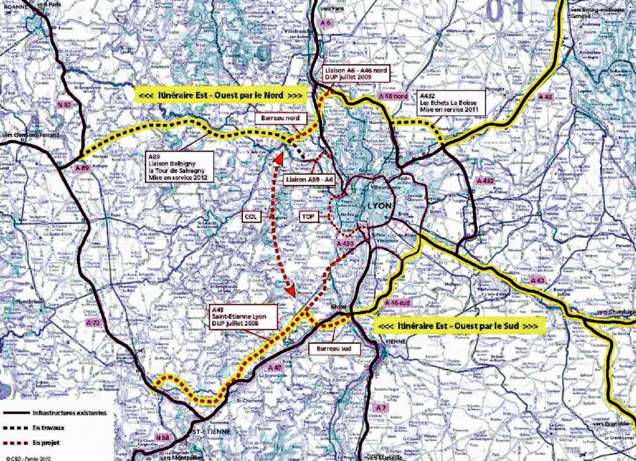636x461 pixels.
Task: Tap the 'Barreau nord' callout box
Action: [x=282, y=119]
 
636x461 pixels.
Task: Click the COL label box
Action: [x=250, y=216]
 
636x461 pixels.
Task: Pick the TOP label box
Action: [x=307, y=216]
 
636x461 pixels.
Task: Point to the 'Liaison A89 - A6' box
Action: [x=309, y=179]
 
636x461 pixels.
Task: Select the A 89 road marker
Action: [x=82, y=168]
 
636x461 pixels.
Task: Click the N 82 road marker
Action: [x=64, y=105]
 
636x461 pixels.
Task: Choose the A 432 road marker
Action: [x=486, y=181]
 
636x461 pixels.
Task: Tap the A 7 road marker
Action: [x=380, y=406]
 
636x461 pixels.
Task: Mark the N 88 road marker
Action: [x=163, y=437]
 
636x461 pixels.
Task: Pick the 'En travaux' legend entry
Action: [x=46, y=427]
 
